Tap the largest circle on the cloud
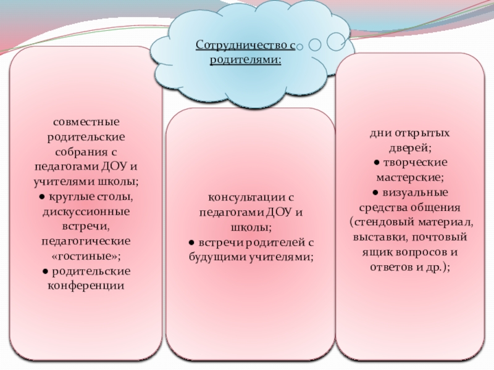pyautogui.click(x=336, y=41)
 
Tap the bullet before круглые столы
pyautogui.click(x=38, y=196)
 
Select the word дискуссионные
pyautogui.click(x=86, y=210)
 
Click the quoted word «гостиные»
pyautogui.click(x=86, y=255)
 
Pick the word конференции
pyautogui.click(x=86, y=285)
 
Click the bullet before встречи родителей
pyautogui.click(x=192, y=242)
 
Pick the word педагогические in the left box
pyautogui.click(x=86, y=239)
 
